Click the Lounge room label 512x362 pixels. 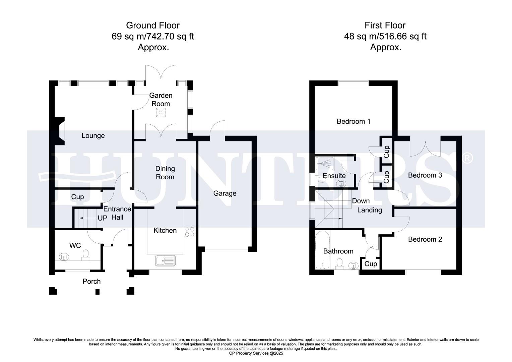pos(93,136)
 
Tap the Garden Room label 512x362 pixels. pos(161,100)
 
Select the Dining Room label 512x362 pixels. pos(165,173)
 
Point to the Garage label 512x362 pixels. pos(225,193)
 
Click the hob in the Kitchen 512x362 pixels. pos(190,232)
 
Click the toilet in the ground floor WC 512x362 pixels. pos(85,255)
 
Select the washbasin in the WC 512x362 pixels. pos(64,257)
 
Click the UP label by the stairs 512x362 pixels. pos(102,218)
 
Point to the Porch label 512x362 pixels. pos(91,282)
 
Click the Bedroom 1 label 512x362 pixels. pos(354,121)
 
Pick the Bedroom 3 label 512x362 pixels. pos(425,175)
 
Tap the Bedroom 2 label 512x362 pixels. pos(425,239)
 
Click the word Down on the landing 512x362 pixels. pos(361,201)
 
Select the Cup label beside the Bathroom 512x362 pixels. pos(371,264)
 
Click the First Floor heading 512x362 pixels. pos(385,25)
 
